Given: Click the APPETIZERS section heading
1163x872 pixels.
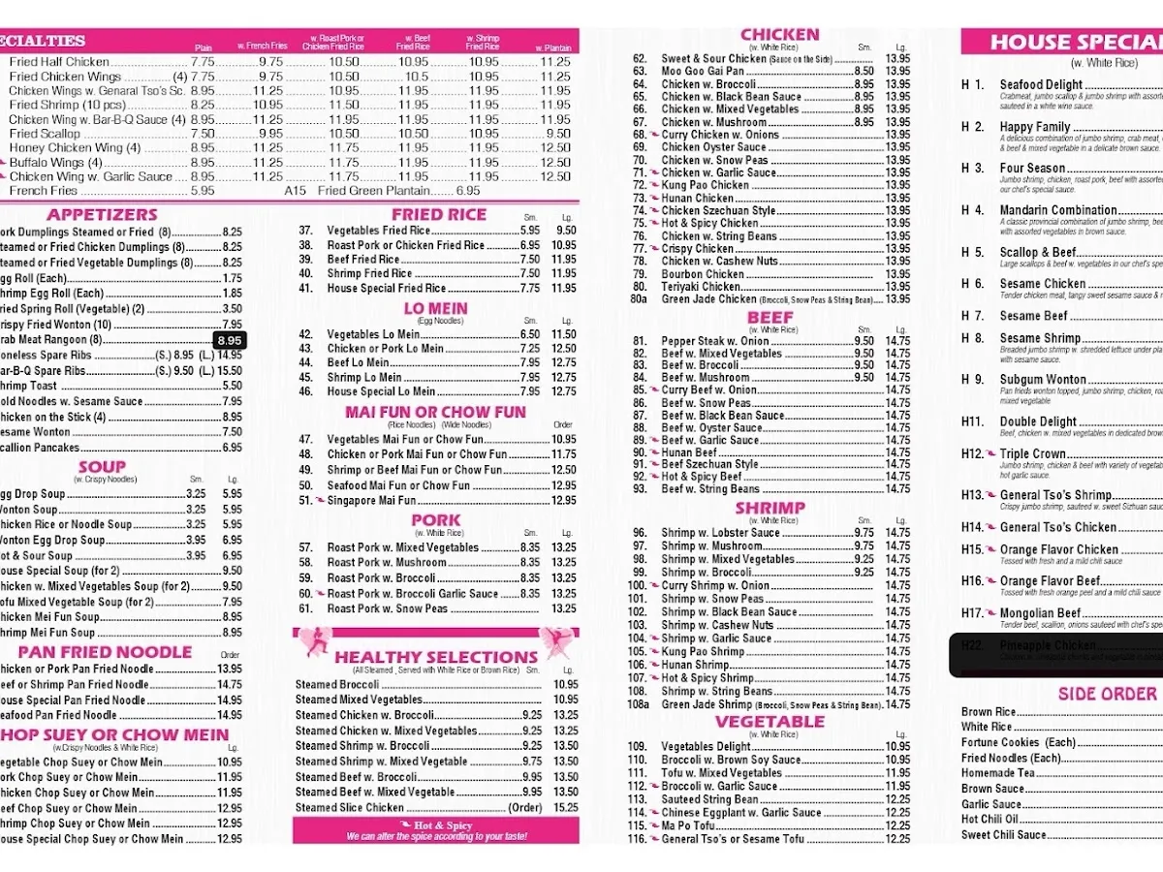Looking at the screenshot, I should [x=102, y=214].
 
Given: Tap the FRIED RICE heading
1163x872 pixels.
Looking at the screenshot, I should [x=438, y=214].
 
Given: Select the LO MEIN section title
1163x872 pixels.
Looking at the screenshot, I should [x=435, y=309].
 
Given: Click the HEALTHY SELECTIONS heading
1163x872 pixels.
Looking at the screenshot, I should [x=436, y=657].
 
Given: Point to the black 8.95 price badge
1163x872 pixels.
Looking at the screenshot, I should [x=230, y=340].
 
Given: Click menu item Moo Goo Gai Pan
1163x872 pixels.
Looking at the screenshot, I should [x=703, y=72].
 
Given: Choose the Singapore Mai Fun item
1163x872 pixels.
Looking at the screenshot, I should [x=371, y=501].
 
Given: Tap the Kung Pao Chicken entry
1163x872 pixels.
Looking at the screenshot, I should [x=705, y=185].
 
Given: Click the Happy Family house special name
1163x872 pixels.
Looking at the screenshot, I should [x=1035, y=127].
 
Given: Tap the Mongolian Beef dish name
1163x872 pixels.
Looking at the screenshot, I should [x=1040, y=613].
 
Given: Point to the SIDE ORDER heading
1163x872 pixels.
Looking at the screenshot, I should [x=1107, y=694].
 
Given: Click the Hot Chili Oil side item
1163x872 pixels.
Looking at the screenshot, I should [x=990, y=820].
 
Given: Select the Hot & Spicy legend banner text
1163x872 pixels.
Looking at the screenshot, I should [x=436, y=825].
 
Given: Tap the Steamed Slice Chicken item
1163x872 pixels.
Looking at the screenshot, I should [x=350, y=808].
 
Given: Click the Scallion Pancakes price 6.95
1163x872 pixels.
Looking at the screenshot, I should [x=232, y=448].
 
